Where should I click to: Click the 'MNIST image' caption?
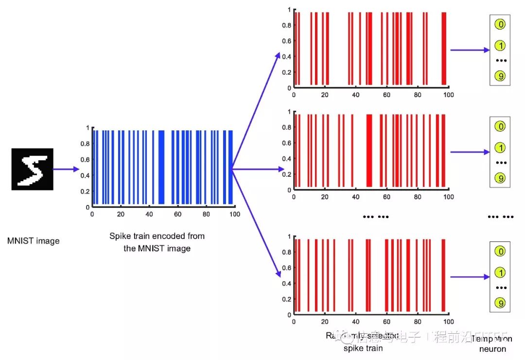[34, 240]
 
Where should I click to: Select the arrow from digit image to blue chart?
[65, 170]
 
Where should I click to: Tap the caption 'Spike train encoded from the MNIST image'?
[157, 242]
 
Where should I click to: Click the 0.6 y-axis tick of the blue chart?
[85, 159]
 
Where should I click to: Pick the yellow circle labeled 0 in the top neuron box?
[500, 24]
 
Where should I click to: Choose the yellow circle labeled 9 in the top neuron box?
[500, 76]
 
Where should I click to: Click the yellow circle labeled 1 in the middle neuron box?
[500, 148]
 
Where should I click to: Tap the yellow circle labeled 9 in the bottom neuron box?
[500, 303]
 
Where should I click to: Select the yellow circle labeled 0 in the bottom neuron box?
[500, 251]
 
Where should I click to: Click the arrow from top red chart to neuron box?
[470, 50]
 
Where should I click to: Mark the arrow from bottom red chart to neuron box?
[470, 277]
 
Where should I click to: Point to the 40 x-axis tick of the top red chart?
[356, 95]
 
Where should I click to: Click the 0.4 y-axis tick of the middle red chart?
[286, 158]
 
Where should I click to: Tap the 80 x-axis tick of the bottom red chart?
[418, 322]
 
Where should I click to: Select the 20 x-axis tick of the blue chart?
[121, 214]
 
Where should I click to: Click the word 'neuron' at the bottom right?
[492, 349]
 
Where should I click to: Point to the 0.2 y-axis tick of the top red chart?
[286, 72]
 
